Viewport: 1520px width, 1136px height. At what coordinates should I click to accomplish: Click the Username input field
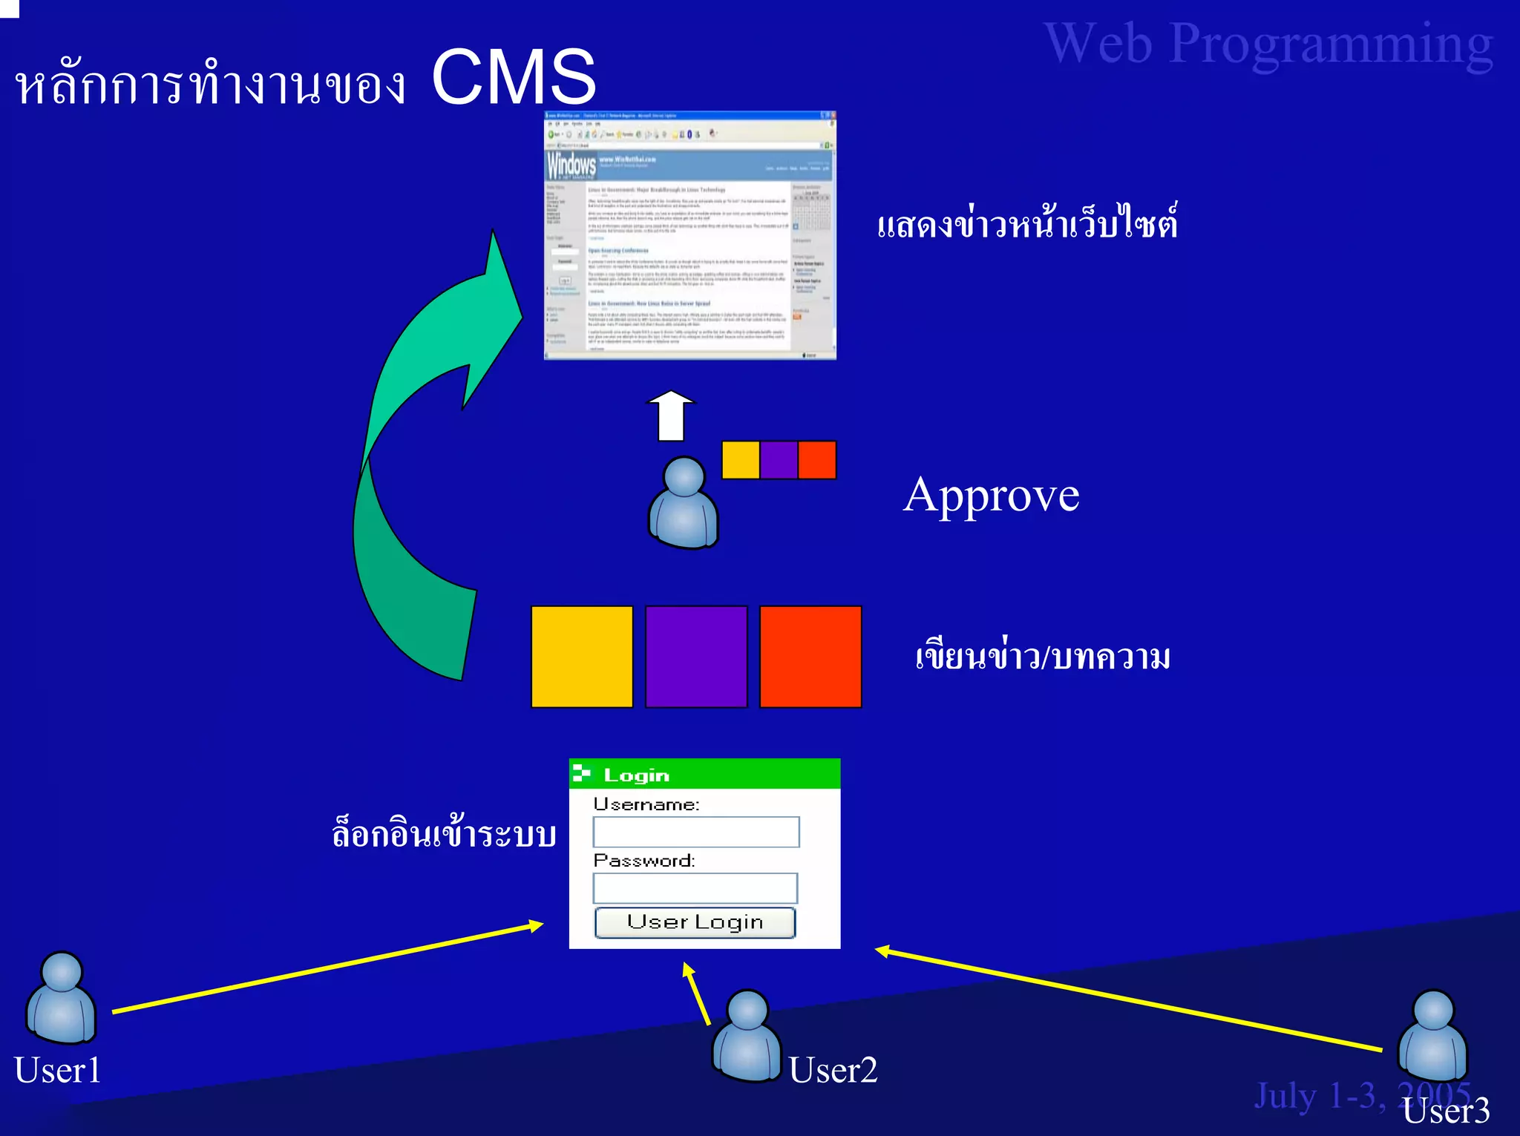(x=695, y=832)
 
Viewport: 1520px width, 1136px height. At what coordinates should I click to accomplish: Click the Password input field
(x=695, y=887)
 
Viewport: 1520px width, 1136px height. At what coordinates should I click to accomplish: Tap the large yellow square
(x=582, y=657)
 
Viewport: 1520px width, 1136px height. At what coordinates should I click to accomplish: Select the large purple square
(x=696, y=657)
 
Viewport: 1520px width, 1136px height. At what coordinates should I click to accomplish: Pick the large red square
(x=810, y=657)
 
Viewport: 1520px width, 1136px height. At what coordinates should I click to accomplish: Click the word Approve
(x=992, y=495)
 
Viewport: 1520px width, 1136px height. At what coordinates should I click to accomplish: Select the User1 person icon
(x=62, y=997)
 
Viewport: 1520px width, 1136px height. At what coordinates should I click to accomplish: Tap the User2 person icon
(x=747, y=1035)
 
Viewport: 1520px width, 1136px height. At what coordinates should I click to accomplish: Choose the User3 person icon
(x=1432, y=1035)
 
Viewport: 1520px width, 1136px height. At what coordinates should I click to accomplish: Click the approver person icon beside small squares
(x=684, y=503)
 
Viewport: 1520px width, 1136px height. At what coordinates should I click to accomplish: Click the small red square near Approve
(x=817, y=460)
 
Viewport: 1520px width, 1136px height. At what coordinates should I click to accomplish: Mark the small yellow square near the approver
(x=741, y=460)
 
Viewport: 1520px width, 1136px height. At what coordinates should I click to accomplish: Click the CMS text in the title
(x=514, y=77)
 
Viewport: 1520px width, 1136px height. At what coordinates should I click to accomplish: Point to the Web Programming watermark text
(x=1268, y=45)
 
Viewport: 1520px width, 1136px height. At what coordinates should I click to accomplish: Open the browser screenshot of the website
(x=690, y=236)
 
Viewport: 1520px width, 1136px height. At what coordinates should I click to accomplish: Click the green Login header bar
(x=704, y=774)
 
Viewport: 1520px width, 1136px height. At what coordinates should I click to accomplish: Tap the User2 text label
(x=833, y=1070)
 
